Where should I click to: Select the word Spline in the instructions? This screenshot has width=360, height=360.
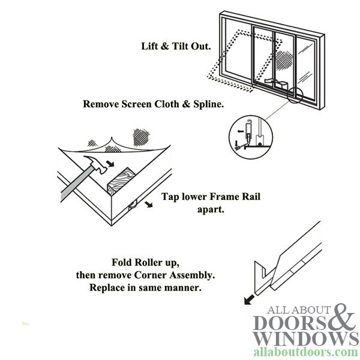[206, 104]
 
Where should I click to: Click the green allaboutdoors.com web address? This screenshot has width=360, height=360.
[305, 352]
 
